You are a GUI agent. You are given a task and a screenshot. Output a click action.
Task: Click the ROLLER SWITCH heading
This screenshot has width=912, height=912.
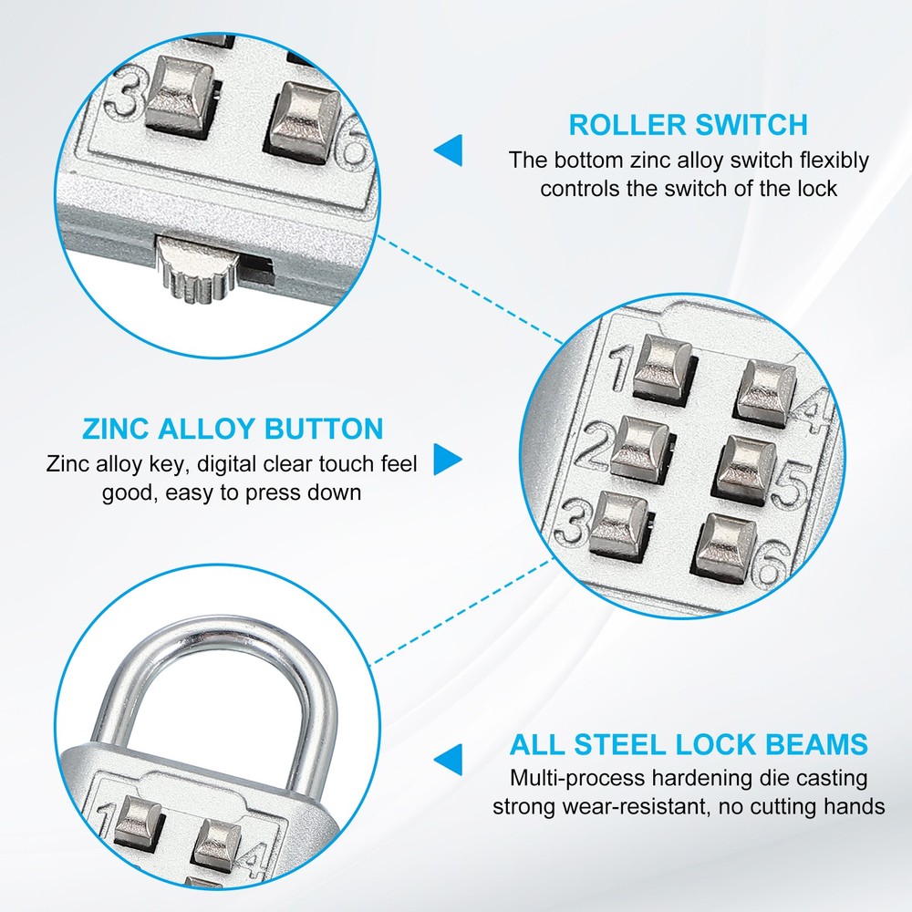689,124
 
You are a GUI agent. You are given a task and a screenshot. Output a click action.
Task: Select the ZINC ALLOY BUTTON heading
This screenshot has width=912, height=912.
233,429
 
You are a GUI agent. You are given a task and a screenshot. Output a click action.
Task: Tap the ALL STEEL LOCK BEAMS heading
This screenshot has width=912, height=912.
689,744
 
